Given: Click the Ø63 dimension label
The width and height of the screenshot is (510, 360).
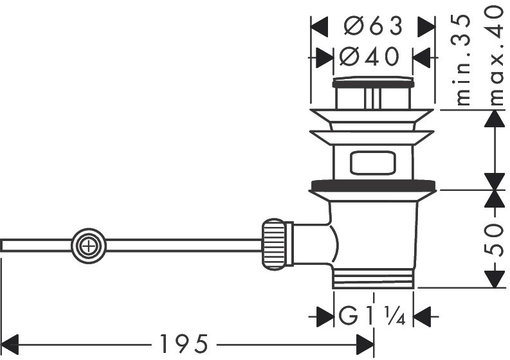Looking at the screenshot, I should coord(373,26).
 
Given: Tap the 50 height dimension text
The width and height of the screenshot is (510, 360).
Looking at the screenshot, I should coord(494,239).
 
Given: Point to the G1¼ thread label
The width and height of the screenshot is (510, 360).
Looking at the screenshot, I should coord(373,316).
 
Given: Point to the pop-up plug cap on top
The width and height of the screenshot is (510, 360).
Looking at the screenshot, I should coord(373,83).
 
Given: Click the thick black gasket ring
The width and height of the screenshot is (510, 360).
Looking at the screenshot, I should coord(373,186).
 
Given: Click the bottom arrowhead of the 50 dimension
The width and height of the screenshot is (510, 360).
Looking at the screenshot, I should coord(494,277).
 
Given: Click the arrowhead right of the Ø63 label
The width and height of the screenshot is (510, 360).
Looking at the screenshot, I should coord(425,26).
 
